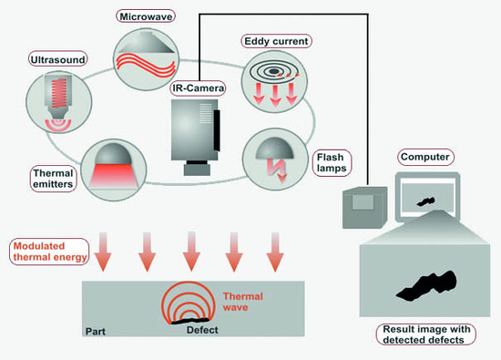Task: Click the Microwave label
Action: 146,16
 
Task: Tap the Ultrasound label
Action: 57,59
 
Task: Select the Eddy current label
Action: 276,41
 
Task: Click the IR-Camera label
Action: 198,87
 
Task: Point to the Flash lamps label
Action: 332,163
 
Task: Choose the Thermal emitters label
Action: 53,179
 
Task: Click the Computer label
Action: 425,157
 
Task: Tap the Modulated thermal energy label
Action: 49,252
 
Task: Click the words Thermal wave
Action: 243,302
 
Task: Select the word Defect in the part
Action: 202,330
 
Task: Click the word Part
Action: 96,332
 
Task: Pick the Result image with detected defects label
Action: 426,334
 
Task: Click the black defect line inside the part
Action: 190,321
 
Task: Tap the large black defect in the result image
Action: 426,286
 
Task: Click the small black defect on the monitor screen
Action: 426,201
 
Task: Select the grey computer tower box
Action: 364,208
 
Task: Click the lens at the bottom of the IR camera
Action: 197,169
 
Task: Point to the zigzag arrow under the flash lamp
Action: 274,170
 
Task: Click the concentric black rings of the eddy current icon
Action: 272,72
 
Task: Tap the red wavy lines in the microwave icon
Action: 146,65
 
